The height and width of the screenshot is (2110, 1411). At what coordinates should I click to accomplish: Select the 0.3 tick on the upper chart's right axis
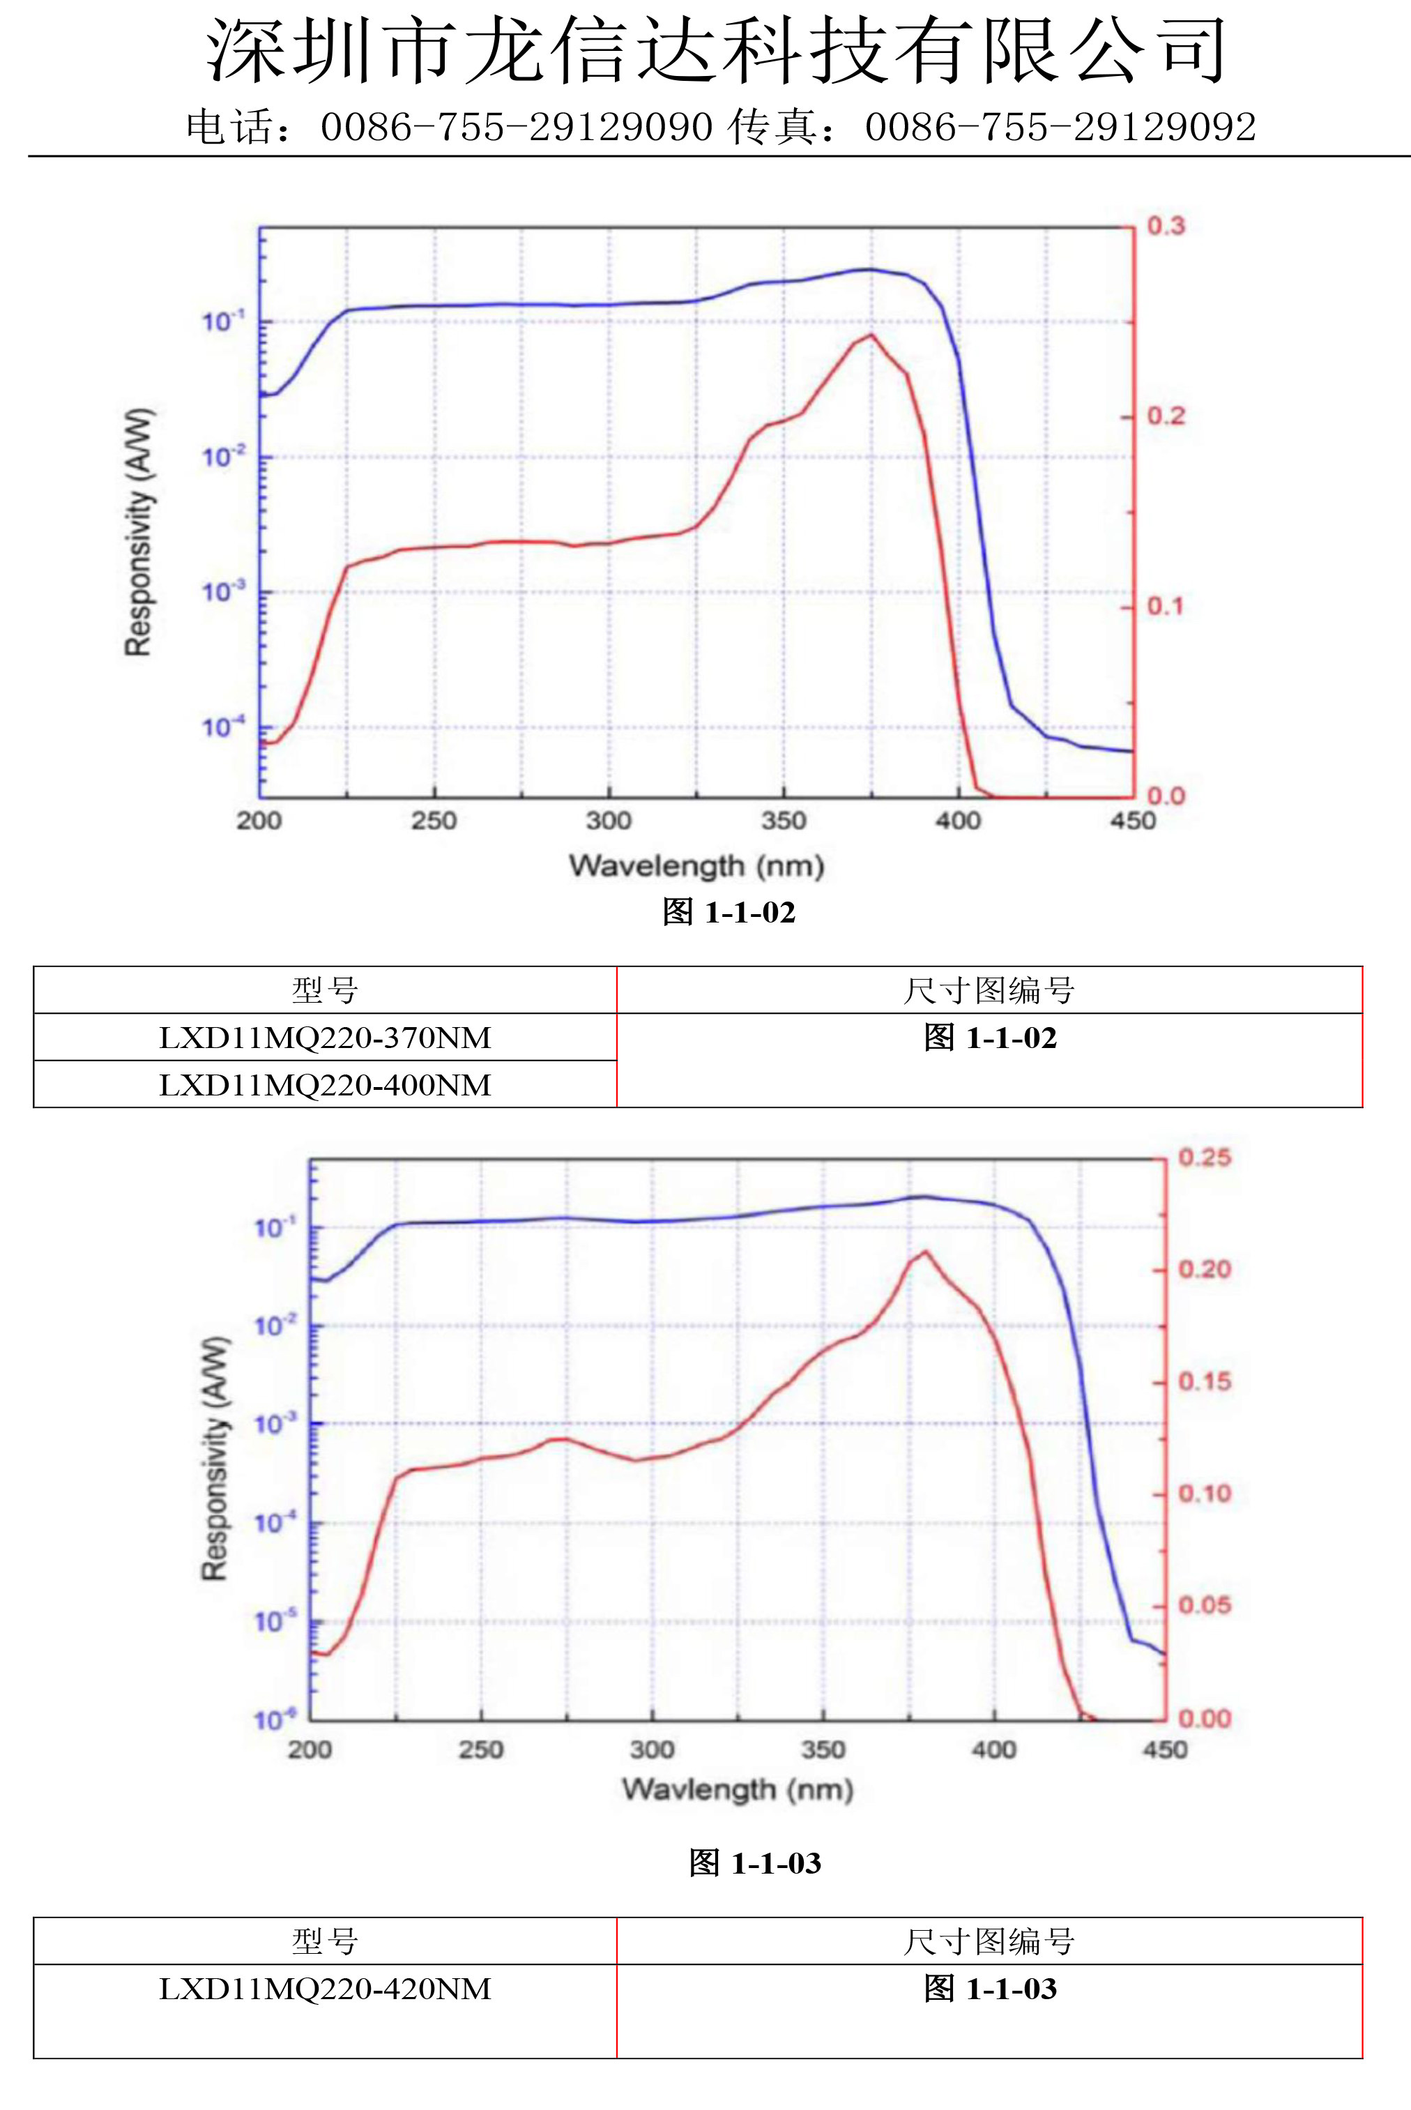click(x=1166, y=226)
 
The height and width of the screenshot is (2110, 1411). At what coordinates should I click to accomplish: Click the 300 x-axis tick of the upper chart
click(x=609, y=821)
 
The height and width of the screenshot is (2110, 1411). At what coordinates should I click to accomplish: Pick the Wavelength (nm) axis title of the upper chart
click(x=696, y=865)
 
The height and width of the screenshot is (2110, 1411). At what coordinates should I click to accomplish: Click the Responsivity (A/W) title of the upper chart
click(x=139, y=533)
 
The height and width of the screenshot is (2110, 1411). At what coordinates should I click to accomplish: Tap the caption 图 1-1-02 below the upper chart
click(x=729, y=912)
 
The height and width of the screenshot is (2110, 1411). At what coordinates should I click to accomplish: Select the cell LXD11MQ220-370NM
click(x=325, y=1038)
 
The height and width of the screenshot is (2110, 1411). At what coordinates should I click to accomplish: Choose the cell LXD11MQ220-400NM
click(x=325, y=1085)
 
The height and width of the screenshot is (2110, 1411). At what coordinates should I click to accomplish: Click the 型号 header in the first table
click(x=325, y=991)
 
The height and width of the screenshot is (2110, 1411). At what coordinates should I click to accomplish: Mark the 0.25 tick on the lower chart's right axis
click(x=1204, y=1158)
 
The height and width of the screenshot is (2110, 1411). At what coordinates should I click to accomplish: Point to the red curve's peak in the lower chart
click(x=925, y=1252)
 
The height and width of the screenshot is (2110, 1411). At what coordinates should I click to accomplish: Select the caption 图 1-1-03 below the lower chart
click(x=755, y=1862)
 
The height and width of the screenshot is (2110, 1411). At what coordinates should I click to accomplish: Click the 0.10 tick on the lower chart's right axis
click(x=1204, y=1494)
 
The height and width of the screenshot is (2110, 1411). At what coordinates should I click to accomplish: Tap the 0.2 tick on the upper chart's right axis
click(x=1166, y=416)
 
